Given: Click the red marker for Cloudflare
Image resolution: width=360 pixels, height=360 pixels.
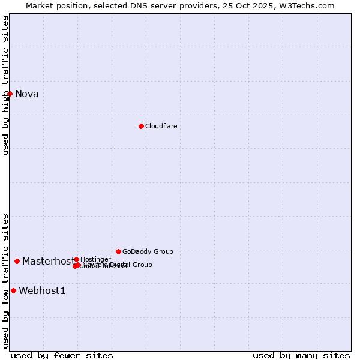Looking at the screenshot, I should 141,126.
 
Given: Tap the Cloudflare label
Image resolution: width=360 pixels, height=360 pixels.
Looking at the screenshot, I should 161,126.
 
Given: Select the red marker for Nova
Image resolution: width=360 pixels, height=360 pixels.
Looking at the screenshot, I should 10,94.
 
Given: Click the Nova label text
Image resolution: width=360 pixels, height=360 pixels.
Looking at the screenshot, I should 26,94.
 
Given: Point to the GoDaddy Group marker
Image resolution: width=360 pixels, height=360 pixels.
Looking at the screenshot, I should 118,251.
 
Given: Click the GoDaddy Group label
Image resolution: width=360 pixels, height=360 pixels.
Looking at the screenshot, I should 148,251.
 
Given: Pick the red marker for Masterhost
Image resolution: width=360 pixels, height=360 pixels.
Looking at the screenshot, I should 17,261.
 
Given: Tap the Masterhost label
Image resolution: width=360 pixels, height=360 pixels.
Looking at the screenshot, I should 48,261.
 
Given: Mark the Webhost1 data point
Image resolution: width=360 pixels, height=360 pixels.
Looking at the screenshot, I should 13,290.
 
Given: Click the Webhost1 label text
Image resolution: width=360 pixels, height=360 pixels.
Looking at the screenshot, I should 42,290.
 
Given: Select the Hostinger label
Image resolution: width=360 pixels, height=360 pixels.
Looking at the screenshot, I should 95,259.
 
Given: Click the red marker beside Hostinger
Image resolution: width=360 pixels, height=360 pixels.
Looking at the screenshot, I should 76,259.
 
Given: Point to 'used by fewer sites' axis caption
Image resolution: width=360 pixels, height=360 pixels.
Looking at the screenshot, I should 62,355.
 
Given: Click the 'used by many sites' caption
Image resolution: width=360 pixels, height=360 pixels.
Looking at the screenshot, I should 301,355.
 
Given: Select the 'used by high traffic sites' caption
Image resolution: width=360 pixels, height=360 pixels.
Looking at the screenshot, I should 5,85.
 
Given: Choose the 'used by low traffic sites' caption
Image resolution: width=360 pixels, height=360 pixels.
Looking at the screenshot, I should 5,281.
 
